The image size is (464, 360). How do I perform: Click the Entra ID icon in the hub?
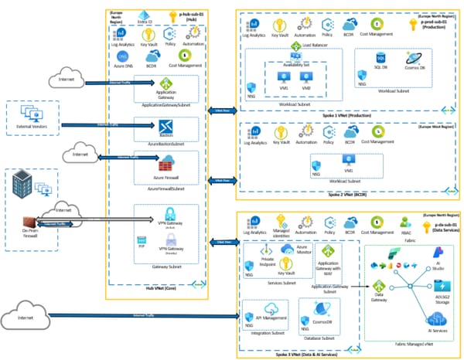(x=142, y=15)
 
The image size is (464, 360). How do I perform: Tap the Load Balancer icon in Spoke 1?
(x=296, y=48)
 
